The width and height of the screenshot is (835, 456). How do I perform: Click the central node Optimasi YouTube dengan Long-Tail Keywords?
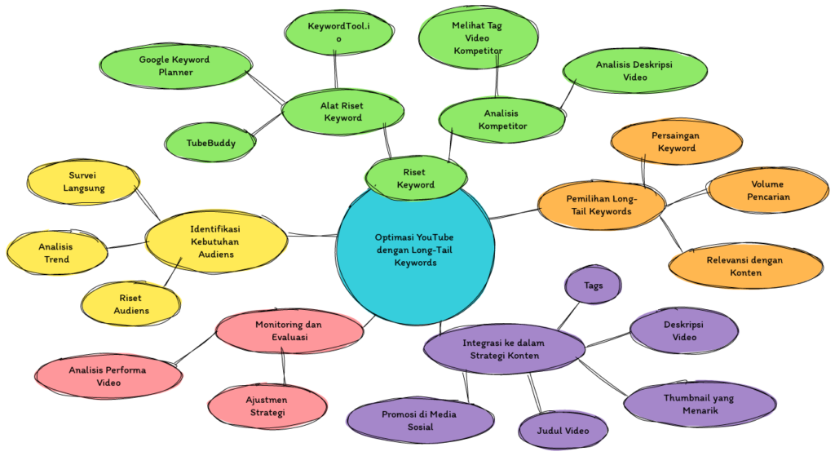[x=415, y=249]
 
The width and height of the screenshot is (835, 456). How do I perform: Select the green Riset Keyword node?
[x=416, y=178]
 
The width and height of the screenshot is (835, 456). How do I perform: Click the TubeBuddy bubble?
[x=210, y=143]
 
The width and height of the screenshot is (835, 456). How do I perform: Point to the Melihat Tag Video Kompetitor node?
[x=477, y=38]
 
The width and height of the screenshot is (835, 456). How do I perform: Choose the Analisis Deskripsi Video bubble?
[x=634, y=70]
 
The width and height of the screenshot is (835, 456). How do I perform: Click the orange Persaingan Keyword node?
[x=676, y=141]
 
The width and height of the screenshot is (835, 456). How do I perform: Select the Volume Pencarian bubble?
[x=769, y=190]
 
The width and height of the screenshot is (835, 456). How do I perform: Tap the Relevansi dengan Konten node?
[x=744, y=266]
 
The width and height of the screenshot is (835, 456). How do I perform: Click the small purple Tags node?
[x=593, y=286]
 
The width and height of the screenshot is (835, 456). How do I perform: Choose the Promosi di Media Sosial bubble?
[x=420, y=419]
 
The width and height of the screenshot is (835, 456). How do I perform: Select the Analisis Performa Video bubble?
[x=108, y=376]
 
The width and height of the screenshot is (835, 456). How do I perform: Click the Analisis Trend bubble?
[x=56, y=253]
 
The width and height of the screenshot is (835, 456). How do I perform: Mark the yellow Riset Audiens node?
[x=130, y=304]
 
